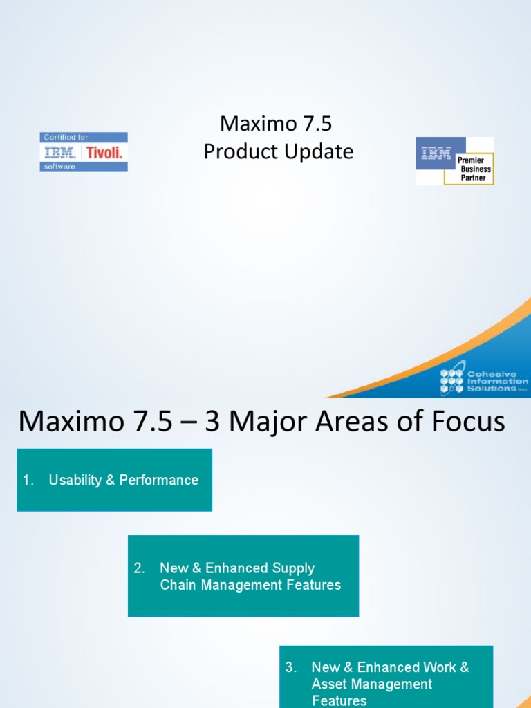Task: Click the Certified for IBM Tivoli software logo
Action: [x=84, y=151]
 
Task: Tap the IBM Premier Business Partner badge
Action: [x=454, y=160]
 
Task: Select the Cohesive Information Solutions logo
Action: [x=484, y=382]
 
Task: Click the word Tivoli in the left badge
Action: [x=104, y=152]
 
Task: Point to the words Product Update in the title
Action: [x=278, y=151]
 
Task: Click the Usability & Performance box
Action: [x=114, y=480]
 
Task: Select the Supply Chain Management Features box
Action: [x=243, y=576]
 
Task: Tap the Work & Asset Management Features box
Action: [x=386, y=676]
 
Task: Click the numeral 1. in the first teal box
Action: [x=28, y=481]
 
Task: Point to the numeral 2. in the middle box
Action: [x=140, y=568]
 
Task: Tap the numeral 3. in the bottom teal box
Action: [x=291, y=667]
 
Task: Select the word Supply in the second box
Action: [x=293, y=568]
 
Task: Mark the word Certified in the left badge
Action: [x=58, y=138]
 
